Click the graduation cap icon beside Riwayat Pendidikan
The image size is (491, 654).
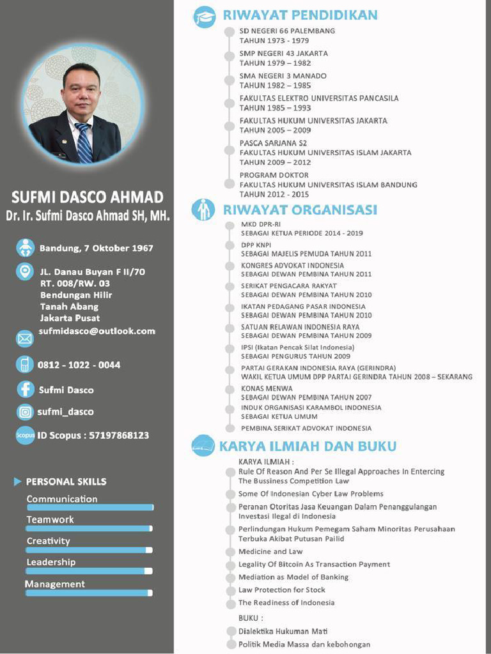(205, 17)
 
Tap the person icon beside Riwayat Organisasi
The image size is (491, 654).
(204, 209)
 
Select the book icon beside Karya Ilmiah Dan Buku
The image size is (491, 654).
(203, 446)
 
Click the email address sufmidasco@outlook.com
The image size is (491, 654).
(97, 331)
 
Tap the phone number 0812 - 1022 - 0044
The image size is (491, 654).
(79, 365)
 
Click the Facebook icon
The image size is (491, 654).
(25, 389)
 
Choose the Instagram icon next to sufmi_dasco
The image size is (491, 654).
(25, 412)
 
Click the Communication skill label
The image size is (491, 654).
(62, 499)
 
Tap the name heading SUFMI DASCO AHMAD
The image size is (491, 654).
(87, 197)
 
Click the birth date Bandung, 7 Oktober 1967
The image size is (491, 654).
(97, 248)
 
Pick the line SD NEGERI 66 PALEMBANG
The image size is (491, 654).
(287, 31)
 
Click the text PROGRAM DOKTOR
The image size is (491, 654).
(274, 175)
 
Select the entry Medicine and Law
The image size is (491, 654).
(270, 551)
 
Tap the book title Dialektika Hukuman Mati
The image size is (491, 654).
(283, 631)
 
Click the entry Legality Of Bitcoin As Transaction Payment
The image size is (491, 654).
(314, 564)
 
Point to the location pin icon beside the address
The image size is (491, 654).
(25, 271)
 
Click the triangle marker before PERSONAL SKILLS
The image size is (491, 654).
(17, 482)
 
